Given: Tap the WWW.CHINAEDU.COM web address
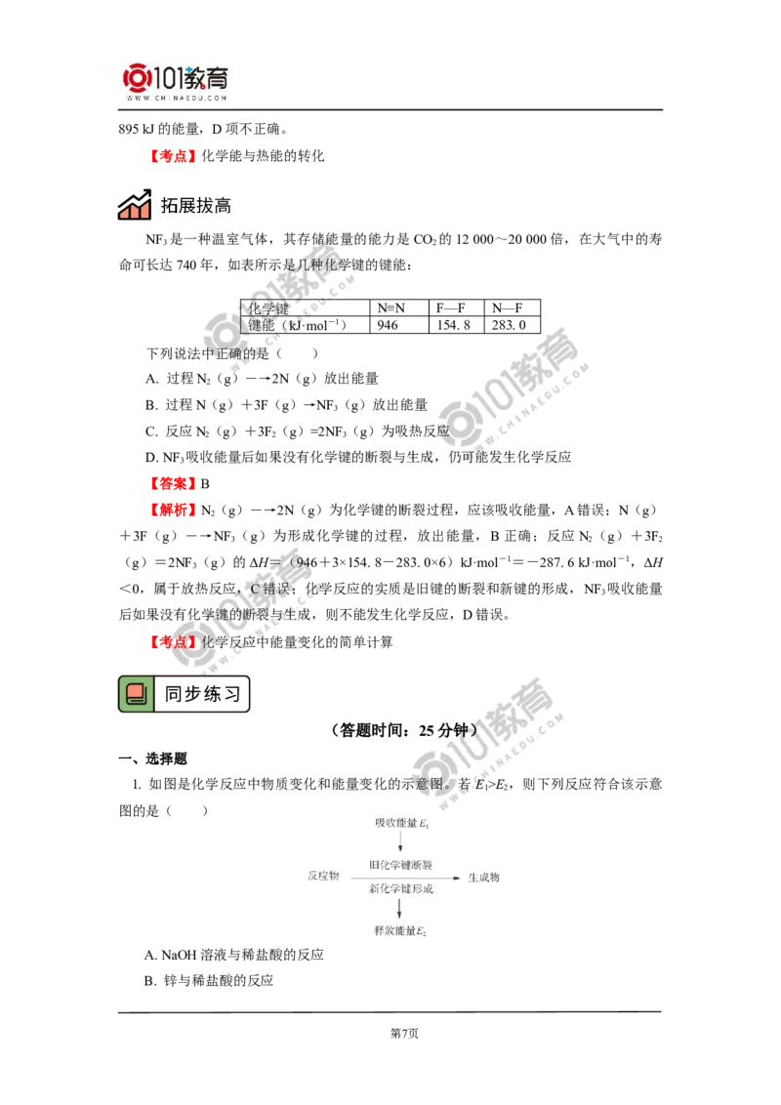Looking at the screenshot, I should [x=176, y=99].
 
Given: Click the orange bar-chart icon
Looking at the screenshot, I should [x=135, y=210].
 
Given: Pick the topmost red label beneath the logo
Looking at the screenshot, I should [x=172, y=156].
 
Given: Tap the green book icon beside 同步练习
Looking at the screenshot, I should [x=137, y=694].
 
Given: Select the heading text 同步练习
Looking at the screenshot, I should [x=201, y=694].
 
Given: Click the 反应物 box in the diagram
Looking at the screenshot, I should [x=322, y=877].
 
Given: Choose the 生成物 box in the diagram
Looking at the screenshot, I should [x=483, y=877].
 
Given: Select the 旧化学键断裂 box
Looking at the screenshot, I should [x=401, y=866].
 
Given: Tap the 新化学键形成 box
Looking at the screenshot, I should [x=401, y=889].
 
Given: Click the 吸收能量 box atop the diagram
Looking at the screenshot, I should [x=401, y=824].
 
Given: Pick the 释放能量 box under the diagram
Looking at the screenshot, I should [x=401, y=929].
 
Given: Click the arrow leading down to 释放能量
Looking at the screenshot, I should [x=401, y=910].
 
